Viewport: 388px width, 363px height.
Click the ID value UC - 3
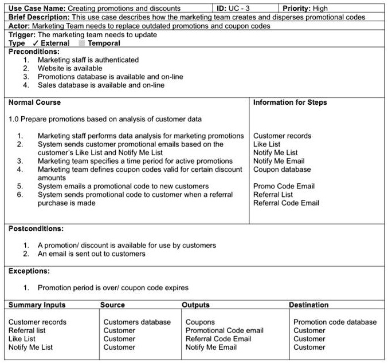coord(240,9)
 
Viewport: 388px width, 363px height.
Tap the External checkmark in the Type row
coord(36,43)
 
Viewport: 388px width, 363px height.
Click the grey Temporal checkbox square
coord(81,43)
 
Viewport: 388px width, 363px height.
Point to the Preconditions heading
coord(34,52)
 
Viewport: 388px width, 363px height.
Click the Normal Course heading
coord(34,102)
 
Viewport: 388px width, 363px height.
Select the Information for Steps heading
coord(290,102)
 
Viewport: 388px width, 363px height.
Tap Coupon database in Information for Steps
coord(282,169)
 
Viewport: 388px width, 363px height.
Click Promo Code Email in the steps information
coord(284,186)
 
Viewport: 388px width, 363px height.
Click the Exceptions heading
coord(29,271)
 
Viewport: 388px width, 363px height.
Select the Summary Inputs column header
coord(37,305)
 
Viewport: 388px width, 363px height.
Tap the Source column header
coord(112,305)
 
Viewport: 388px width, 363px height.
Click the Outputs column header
coord(196,305)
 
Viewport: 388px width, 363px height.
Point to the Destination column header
coord(308,305)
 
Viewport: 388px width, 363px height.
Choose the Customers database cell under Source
coord(137,322)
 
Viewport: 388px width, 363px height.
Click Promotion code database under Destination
coord(335,322)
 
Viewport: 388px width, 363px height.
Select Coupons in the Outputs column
coord(200,322)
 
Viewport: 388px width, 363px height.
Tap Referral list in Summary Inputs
coord(27,330)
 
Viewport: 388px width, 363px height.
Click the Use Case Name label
coord(37,9)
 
